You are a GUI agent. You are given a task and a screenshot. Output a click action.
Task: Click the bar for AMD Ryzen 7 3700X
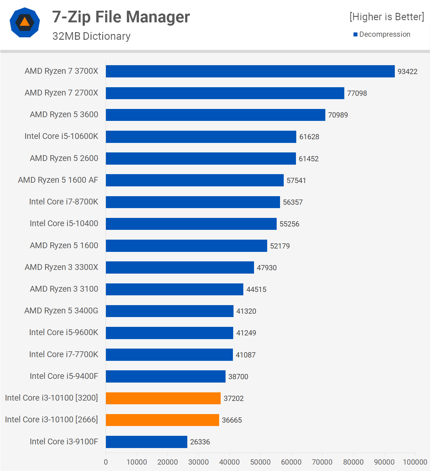tap(250, 71)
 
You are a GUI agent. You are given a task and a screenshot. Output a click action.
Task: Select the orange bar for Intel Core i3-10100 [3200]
tap(163, 398)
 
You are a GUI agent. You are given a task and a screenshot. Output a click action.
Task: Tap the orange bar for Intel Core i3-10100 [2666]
tap(162, 420)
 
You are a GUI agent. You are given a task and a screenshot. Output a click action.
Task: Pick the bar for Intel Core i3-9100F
tap(146, 442)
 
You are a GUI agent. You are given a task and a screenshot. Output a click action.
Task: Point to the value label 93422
tap(407, 72)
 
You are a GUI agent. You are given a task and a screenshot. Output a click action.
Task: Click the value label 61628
tap(309, 137)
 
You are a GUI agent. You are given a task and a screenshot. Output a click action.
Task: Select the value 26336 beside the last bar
tap(200, 442)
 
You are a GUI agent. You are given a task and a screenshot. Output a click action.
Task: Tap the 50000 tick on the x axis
tap(260, 462)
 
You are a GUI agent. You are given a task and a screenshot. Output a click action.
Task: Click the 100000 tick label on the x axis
tap(415, 462)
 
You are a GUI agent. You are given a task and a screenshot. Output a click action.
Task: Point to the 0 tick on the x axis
tap(106, 462)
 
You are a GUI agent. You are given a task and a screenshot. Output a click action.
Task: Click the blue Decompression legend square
tap(355, 34)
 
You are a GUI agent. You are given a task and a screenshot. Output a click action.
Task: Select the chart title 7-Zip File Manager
tap(121, 17)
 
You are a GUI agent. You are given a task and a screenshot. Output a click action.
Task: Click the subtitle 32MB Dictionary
tap(91, 36)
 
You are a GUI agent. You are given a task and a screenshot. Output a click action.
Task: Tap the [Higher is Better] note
tap(387, 17)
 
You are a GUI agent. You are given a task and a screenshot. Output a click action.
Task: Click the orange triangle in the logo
tap(24, 22)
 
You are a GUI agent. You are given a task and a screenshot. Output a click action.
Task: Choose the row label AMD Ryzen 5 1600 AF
tap(58, 180)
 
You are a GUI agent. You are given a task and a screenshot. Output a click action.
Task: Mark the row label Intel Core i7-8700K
tap(64, 202)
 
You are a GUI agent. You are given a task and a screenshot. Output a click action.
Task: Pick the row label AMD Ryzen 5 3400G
tap(61, 311)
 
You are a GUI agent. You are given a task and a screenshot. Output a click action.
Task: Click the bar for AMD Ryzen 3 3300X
tap(180, 267)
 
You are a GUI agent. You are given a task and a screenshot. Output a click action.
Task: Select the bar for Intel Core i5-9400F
tap(166, 376)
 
